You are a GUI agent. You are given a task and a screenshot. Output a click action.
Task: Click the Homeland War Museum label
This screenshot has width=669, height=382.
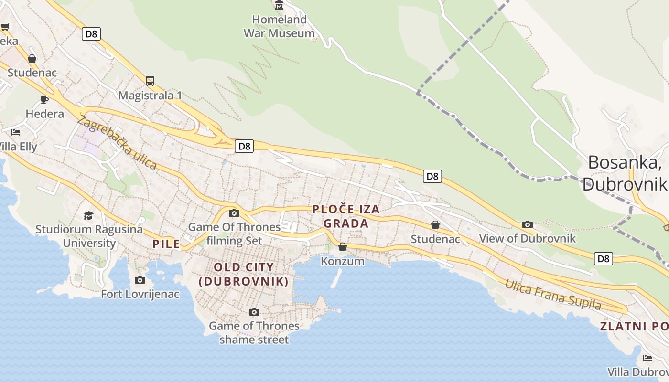point(279,26)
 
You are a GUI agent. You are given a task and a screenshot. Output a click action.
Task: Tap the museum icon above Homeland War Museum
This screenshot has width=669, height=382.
point(279,5)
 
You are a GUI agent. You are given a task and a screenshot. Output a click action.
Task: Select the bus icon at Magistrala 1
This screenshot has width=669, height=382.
point(150,81)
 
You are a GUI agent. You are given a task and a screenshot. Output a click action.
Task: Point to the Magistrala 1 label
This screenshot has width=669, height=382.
point(150,95)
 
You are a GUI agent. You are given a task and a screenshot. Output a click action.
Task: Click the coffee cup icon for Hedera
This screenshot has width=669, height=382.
point(44,100)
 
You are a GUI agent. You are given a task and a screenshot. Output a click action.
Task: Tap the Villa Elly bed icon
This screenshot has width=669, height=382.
point(16,132)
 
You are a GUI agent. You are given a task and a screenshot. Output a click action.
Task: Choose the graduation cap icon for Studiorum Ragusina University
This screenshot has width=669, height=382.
point(88,215)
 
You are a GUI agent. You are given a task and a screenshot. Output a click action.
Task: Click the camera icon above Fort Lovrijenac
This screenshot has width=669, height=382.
point(140,280)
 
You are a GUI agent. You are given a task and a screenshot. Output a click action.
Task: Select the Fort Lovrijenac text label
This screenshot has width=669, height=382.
point(140,294)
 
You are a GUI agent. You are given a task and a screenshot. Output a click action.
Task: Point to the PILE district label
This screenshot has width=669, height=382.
point(166,244)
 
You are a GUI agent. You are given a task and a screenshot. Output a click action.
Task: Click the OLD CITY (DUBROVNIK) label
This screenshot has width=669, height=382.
point(244,274)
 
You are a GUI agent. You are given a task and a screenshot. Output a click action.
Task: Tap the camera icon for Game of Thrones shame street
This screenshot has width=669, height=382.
point(254,312)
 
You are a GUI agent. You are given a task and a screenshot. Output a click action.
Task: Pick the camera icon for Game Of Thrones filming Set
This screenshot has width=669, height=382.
point(234,213)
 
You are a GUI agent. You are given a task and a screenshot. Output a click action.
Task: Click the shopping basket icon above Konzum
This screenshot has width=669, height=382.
point(343,247)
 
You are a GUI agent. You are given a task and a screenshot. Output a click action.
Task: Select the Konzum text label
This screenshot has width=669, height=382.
point(343,261)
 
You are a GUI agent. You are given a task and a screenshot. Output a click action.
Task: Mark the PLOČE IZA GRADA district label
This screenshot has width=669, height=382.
point(346,216)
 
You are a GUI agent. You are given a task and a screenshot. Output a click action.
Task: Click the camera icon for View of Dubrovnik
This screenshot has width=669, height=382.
point(528,224)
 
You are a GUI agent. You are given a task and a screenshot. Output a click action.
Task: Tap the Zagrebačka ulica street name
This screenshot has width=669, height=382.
point(117,143)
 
